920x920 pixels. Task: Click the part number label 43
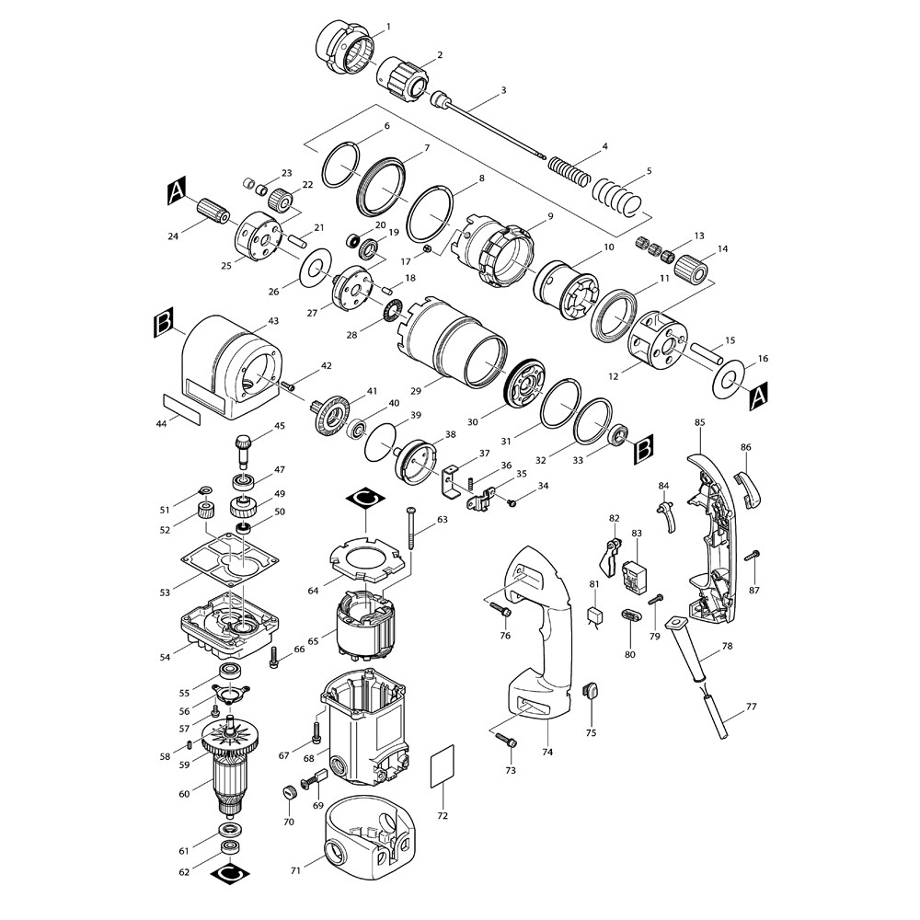point(273,321)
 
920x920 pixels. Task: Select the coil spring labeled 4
point(569,170)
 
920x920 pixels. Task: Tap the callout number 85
point(699,422)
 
